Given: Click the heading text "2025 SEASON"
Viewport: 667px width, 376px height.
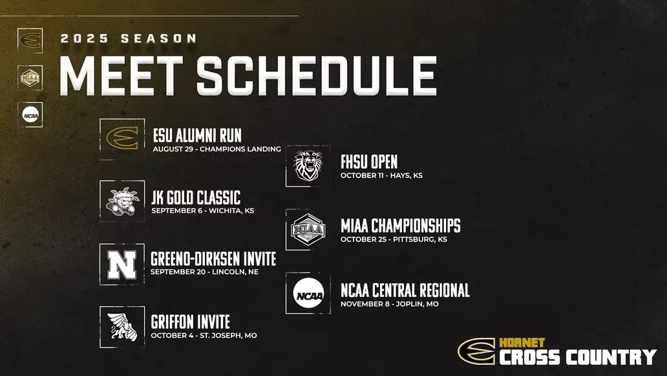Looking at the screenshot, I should pyautogui.click(x=128, y=39).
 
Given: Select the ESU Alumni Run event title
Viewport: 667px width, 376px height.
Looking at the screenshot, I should pyautogui.click(x=197, y=135).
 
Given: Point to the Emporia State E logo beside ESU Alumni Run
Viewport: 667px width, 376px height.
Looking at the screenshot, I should pyautogui.click(x=122, y=138).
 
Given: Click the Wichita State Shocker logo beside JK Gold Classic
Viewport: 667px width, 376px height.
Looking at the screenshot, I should pyautogui.click(x=122, y=201).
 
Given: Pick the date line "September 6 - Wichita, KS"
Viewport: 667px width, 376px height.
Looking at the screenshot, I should pyautogui.click(x=202, y=210).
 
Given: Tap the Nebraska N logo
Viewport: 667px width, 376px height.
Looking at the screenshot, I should pyautogui.click(x=122, y=264).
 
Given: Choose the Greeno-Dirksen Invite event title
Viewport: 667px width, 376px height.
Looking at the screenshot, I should pyautogui.click(x=213, y=259).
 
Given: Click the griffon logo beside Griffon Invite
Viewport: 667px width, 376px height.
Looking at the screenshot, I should pyautogui.click(x=122, y=327).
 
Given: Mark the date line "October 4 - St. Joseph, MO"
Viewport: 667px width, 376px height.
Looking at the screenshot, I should pyautogui.click(x=204, y=336).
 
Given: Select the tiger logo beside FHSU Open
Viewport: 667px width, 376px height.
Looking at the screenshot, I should pyautogui.click(x=308, y=166).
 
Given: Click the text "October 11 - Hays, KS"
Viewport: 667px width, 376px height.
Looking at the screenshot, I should pyautogui.click(x=381, y=175).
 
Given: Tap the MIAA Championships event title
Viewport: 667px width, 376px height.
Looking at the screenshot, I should pyautogui.click(x=401, y=226).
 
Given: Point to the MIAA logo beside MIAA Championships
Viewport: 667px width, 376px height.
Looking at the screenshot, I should pyautogui.click(x=308, y=230).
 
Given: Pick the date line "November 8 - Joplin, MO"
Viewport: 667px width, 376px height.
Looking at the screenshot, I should pyautogui.click(x=390, y=304).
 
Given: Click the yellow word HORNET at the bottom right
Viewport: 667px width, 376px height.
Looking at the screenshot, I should pyautogui.click(x=522, y=342).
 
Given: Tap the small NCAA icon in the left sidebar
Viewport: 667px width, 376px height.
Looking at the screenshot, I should pyautogui.click(x=30, y=115).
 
